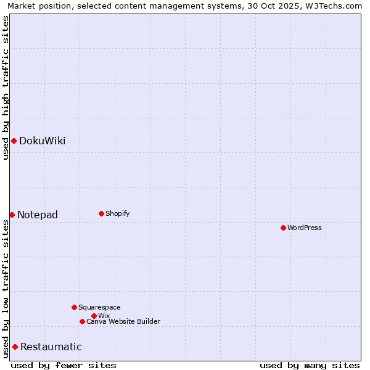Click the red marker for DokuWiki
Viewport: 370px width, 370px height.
tap(14, 141)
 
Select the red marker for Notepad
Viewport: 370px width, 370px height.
tap(12, 215)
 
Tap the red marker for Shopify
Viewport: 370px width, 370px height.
tap(101, 213)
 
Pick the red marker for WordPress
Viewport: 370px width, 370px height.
tap(283, 228)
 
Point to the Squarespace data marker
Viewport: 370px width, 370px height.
tap(74, 307)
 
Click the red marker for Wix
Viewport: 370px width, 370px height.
tap(94, 316)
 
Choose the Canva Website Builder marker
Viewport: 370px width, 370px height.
tap(82, 321)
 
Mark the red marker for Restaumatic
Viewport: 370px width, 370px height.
tap(15, 347)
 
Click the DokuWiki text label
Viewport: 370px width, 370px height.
tap(42, 141)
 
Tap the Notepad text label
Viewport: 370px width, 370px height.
tap(38, 215)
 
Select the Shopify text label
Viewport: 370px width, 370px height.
tap(117, 213)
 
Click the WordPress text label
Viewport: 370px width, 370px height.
tap(305, 228)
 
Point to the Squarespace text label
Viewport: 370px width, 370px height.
tap(99, 307)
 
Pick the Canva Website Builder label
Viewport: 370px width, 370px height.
tap(123, 321)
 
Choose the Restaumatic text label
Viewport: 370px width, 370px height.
tap(51, 347)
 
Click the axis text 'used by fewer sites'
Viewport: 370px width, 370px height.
tap(64, 366)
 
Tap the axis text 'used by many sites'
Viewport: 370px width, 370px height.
tap(310, 366)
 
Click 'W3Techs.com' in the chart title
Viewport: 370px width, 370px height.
tap(337, 6)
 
